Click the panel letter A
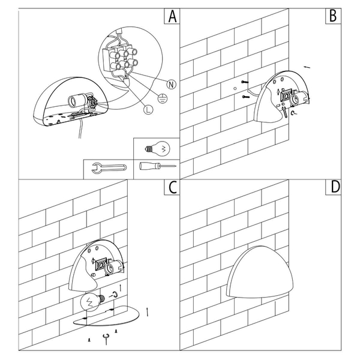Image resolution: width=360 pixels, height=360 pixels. [x=172, y=16]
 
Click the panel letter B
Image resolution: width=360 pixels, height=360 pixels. [x=333, y=16]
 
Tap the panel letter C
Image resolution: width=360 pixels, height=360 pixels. [x=172, y=187]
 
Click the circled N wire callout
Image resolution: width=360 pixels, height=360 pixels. [x=171, y=85]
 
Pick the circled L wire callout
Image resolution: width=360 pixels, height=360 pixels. [x=148, y=110]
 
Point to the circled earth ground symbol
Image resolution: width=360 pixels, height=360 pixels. [x=163, y=99]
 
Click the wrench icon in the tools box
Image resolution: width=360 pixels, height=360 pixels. [x=109, y=168]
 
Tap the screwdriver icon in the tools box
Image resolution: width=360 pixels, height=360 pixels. [x=157, y=166]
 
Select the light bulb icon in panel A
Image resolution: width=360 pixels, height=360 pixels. [x=158, y=149]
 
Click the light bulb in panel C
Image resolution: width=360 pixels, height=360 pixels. [x=92, y=301]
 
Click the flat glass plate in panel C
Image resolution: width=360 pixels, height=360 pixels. [x=106, y=316]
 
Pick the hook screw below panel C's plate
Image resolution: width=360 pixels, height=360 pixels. [x=106, y=339]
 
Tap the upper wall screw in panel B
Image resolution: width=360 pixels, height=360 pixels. [x=245, y=82]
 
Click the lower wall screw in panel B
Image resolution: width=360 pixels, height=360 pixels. [x=245, y=97]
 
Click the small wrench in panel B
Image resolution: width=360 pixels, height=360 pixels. [x=284, y=111]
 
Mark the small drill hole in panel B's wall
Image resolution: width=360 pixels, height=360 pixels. [x=235, y=88]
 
